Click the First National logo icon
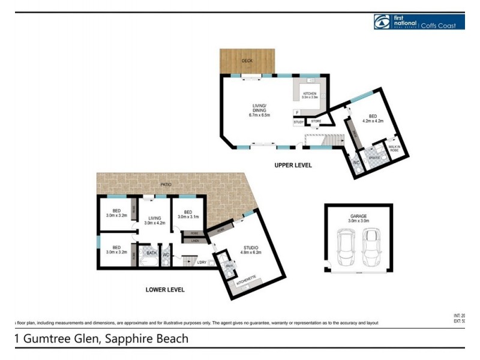point(382,22)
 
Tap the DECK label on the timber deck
point(247,61)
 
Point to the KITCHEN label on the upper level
point(310,95)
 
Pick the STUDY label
point(298,122)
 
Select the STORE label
point(316,121)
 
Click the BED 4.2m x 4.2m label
point(373,118)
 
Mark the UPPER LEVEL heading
point(293,165)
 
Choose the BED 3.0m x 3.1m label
point(188,214)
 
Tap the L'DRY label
point(200,262)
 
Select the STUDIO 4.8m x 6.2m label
point(250,250)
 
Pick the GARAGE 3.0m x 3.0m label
point(359,218)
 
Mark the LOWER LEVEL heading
point(165,290)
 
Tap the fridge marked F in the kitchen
point(297,112)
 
